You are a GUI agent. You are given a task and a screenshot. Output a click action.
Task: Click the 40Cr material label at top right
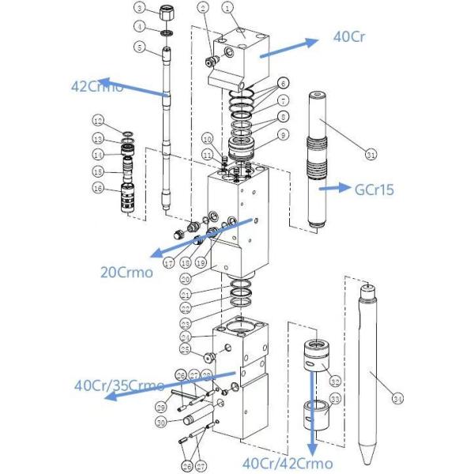tap(351, 37)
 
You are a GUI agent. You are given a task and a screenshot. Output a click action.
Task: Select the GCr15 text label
tap(376, 189)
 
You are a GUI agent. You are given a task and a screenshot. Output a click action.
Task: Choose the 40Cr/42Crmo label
tap(288, 463)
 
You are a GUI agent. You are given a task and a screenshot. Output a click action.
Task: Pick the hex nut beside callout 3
tap(167, 15)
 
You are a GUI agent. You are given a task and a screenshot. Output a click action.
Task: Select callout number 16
tap(98, 188)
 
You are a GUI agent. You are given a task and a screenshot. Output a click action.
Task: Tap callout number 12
tap(98, 122)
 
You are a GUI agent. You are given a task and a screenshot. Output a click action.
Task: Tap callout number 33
tap(335, 399)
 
